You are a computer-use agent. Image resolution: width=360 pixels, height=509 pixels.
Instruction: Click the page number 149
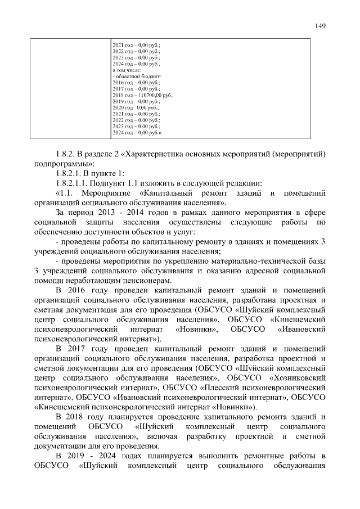(321, 25)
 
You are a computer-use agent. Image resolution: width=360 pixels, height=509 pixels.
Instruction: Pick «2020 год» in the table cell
(123, 107)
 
